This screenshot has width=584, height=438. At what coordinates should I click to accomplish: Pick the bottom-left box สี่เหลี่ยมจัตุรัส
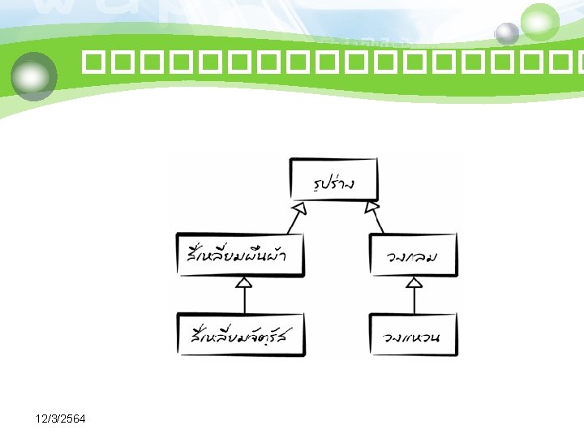pos(243,334)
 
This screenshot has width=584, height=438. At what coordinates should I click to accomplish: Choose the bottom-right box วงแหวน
pos(414,334)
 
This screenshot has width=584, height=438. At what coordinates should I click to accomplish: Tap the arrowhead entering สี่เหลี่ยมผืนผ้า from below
pos(244,283)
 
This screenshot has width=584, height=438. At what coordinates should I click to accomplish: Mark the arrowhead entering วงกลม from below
pos(414,283)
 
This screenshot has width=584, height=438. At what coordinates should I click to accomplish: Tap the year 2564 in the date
pos(78,418)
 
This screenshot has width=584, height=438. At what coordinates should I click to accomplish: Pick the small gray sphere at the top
pos(507,33)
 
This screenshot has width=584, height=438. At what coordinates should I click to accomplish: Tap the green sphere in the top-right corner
pos(540,22)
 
